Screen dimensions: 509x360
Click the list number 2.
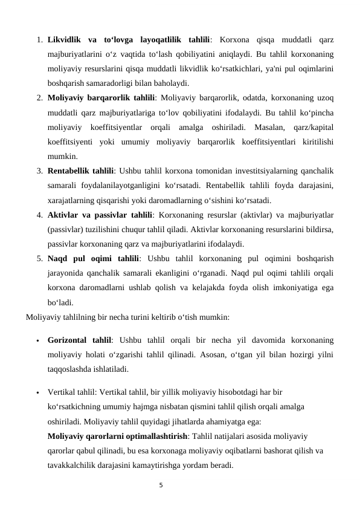pos(38,98)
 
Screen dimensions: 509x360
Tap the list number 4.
pos(38,213)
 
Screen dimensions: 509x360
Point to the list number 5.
pos(38,258)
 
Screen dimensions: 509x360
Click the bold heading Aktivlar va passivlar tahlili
pos(100,213)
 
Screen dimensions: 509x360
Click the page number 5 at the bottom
pos(161,485)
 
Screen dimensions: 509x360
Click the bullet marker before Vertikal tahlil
pos(37,392)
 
